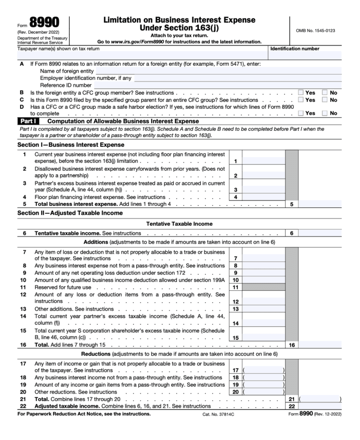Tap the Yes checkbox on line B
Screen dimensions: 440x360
tap(301, 93)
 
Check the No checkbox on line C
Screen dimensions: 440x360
tap(324, 100)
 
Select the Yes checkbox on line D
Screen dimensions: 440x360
tap(301, 113)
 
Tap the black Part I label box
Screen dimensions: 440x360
tap(28, 121)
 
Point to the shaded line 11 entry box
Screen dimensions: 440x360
tap(263, 287)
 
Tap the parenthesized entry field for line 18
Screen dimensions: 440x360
tap(263, 378)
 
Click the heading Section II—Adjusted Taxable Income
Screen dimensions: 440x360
tap(70, 213)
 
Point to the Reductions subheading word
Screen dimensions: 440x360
tap(96, 354)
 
